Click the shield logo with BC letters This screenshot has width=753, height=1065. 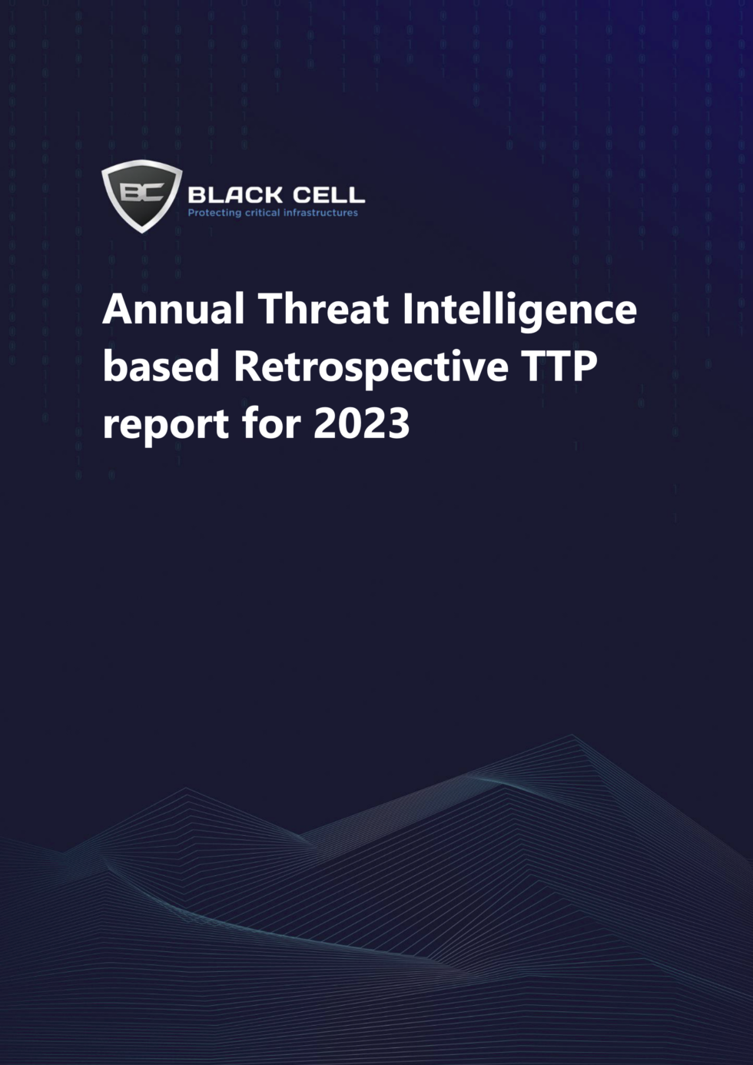(141, 195)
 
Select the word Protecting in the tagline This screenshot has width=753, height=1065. (214, 213)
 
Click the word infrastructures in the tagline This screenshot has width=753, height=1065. (320, 213)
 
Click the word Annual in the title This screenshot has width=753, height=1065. (174, 309)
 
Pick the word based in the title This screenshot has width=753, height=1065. (161, 367)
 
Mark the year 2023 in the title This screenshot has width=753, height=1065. (361, 423)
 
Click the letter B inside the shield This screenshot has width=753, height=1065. (131, 192)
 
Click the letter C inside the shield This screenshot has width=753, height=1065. (151, 192)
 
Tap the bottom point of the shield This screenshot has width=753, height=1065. (142, 231)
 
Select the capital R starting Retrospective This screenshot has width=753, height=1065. (247, 367)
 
